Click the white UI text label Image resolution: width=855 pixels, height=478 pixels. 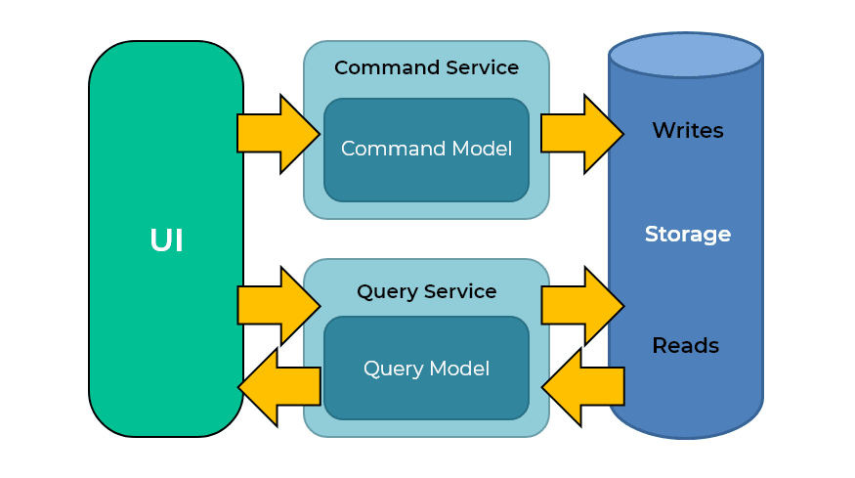[x=166, y=240]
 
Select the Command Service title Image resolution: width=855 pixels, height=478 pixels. [x=426, y=68]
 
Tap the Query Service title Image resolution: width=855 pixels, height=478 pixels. [x=426, y=291]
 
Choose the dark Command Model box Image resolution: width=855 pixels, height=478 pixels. [x=426, y=150]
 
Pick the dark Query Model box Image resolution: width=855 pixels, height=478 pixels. [x=426, y=369]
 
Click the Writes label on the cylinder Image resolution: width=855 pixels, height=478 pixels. [x=688, y=130]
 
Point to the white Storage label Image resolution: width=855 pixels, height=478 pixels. [x=688, y=235]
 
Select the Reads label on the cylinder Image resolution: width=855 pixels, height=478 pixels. [x=686, y=346]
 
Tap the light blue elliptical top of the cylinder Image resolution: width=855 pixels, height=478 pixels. [x=686, y=55]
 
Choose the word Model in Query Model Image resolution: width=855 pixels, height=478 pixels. [x=459, y=369]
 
